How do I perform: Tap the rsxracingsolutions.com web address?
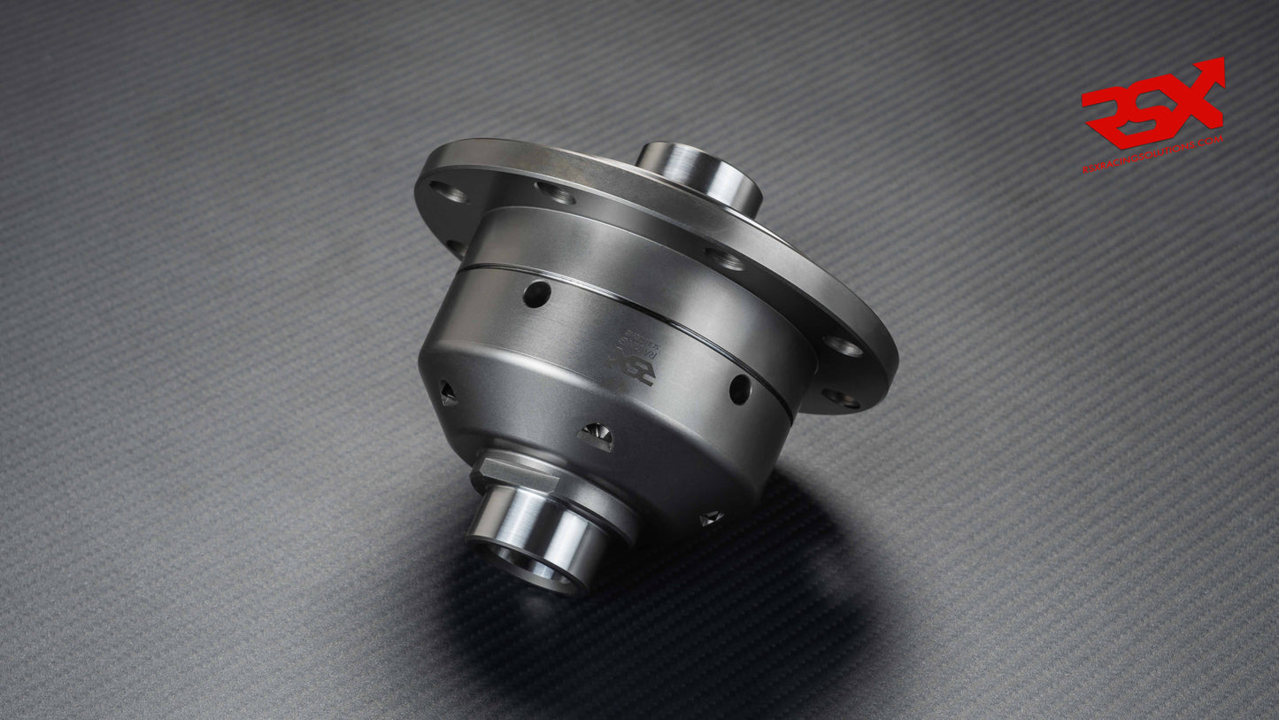pos(1152,155)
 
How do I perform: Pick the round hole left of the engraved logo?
pos(536,294)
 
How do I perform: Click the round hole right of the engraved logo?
pos(740,389)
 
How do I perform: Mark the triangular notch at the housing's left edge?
pos(448,393)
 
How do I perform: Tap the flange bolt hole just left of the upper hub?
pos(555,192)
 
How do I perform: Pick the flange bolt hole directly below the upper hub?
pos(726,259)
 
